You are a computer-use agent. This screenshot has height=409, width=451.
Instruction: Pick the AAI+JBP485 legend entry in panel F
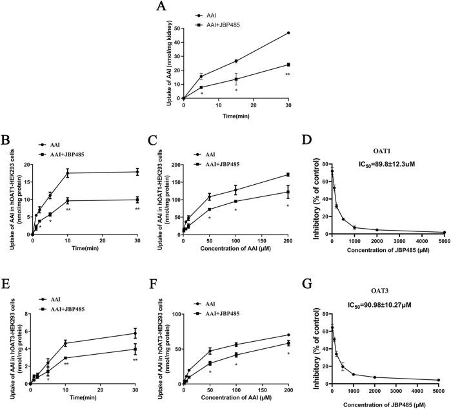216,297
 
